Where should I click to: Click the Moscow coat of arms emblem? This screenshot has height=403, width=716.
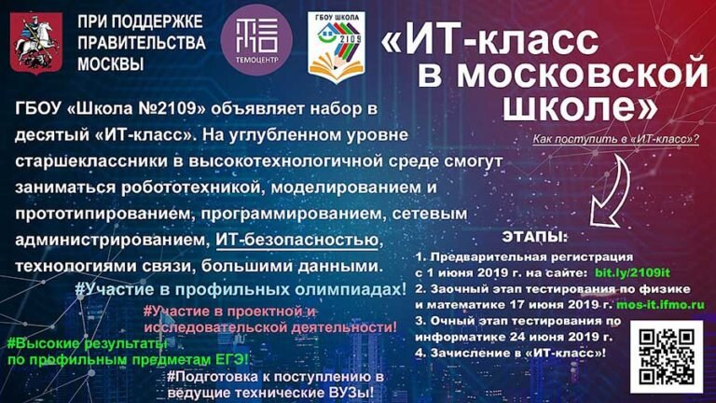(x=36, y=43)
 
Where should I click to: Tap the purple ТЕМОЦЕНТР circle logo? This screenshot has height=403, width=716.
(x=256, y=40)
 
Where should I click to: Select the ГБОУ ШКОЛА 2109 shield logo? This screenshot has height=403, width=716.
(x=337, y=47)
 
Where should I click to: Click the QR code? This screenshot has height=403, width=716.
(x=667, y=356)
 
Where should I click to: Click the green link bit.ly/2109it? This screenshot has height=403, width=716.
(x=632, y=272)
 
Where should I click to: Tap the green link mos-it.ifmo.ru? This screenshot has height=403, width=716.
(x=660, y=304)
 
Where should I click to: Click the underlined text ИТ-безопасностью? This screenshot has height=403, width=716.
(x=296, y=240)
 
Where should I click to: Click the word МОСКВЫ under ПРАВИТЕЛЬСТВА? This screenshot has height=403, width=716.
(x=111, y=64)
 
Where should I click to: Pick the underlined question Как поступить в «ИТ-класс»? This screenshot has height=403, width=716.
(x=615, y=139)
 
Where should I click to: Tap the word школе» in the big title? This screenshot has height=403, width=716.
(x=581, y=107)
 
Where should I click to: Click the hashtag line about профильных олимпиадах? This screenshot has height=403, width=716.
(x=241, y=290)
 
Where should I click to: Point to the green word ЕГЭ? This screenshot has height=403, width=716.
(x=232, y=359)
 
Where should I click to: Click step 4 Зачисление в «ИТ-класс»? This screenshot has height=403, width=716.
(x=511, y=353)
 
